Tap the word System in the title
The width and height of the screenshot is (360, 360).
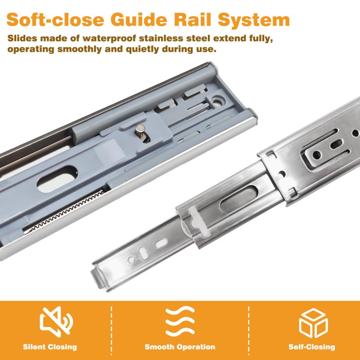(x=254, y=20)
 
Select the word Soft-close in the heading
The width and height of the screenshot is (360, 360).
(x=55, y=19)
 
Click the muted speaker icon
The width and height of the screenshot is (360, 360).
(x=56, y=321)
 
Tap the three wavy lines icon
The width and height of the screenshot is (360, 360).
(x=180, y=321)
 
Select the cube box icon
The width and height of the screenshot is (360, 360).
(x=313, y=323)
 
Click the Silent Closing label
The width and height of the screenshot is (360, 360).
(x=50, y=346)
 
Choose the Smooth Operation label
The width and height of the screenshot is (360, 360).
(x=180, y=346)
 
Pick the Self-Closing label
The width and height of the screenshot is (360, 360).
(x=311, y=346)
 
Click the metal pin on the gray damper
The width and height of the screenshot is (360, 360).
(x=140, y=131)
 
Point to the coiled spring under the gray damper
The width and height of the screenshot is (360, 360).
(x=64, y=212)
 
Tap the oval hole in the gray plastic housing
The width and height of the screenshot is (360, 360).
(x=57, y=179)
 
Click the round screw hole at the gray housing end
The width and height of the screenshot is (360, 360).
(x=217, y=101)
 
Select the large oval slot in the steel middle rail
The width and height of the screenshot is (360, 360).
(x=239, y=199)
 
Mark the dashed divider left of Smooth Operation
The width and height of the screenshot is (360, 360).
(x=111, y=330)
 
